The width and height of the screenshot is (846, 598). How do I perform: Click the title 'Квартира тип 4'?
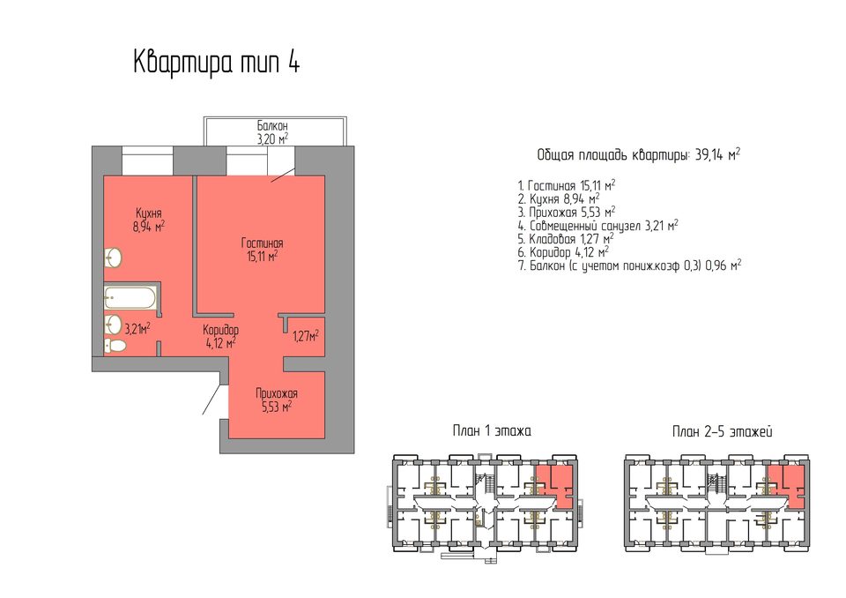coord(217,62)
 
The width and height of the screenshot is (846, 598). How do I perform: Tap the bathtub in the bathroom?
coord(130,297)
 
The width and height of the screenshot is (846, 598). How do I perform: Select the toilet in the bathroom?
coord(115,345)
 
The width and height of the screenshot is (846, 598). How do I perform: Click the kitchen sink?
coord(114,258)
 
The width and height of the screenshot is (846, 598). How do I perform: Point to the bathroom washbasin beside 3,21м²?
coord(114,325)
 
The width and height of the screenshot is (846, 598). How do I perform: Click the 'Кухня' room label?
coord(149,213)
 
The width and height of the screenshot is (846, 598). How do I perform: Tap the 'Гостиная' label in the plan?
coord(263,243)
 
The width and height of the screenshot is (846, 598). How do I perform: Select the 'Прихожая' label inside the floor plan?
coord(277,393)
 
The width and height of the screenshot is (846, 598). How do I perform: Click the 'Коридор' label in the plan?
coord(220,330)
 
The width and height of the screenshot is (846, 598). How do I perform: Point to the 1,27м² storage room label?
coord(306,337)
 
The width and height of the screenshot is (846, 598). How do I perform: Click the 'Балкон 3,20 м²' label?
coord(272,132)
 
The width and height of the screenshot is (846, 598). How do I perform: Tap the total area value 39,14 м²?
coord(717,155)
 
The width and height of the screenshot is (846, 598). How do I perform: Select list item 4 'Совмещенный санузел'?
coord(597,225)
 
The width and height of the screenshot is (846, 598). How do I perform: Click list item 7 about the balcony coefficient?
coord(629,265)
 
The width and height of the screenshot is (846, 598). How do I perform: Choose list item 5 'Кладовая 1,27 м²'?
coord(566,239)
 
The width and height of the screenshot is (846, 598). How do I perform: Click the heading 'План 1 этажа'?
coord(492,431)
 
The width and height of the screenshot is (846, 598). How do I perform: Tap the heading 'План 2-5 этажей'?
coord(723,431)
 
